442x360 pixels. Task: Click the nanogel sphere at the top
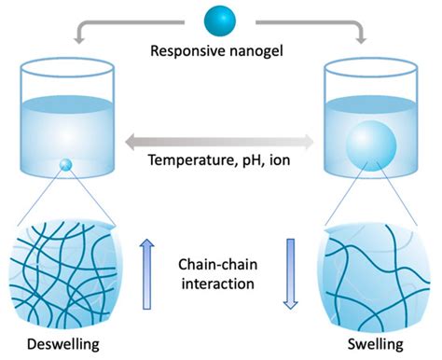222,21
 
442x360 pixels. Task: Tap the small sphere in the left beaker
64,166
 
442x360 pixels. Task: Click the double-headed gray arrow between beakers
221,139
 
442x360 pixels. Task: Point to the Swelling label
374,346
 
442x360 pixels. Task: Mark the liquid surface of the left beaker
64,100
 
